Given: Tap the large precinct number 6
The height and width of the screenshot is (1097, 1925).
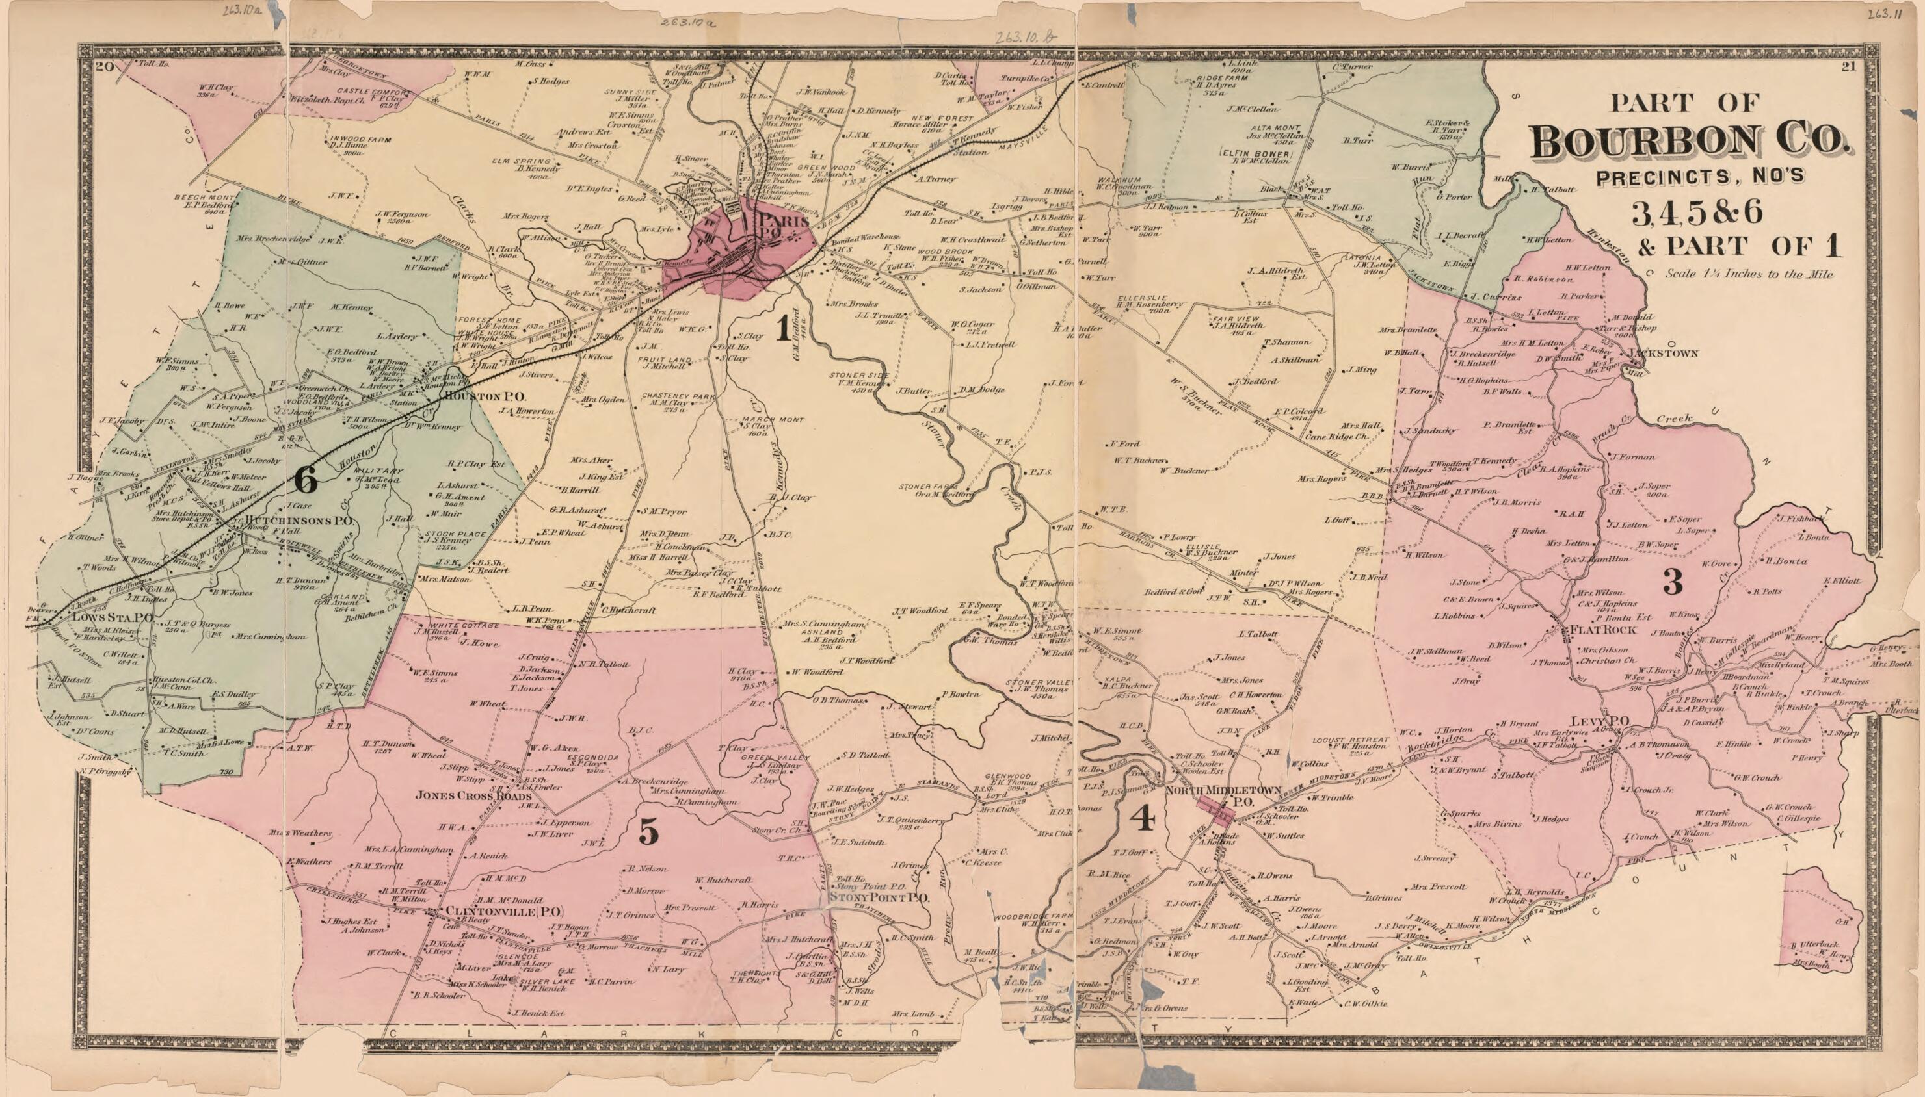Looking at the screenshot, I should pyautogui.click(x=305, y=480).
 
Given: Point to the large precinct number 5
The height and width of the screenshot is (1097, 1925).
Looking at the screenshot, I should pyautogui.click(x=649, y=832).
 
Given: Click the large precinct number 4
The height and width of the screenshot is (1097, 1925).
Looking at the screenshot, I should pyautogui.click(x=1143, y=818).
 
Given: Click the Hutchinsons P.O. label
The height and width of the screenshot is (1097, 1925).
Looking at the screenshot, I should pyautogui.click(x=299, y=521).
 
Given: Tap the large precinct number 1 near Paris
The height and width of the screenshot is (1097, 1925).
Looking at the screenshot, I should pyautogui.click(x=783, y=328).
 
